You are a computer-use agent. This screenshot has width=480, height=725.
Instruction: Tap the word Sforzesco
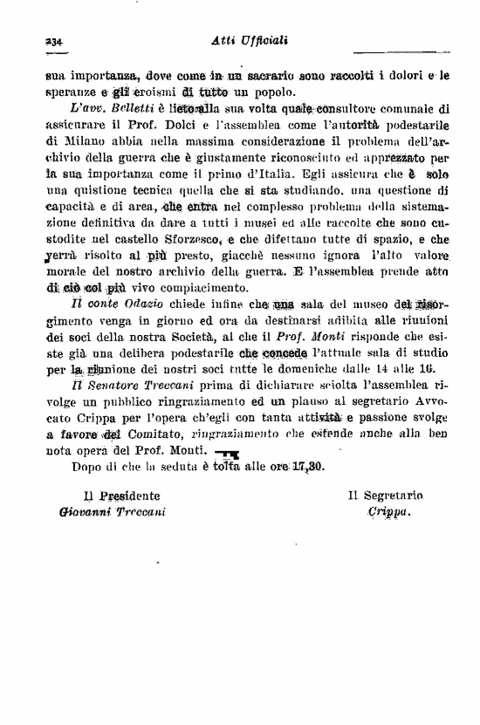click(x=189, y=239)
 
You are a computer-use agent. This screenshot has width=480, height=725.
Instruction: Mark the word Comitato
click(x=154, y=434)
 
